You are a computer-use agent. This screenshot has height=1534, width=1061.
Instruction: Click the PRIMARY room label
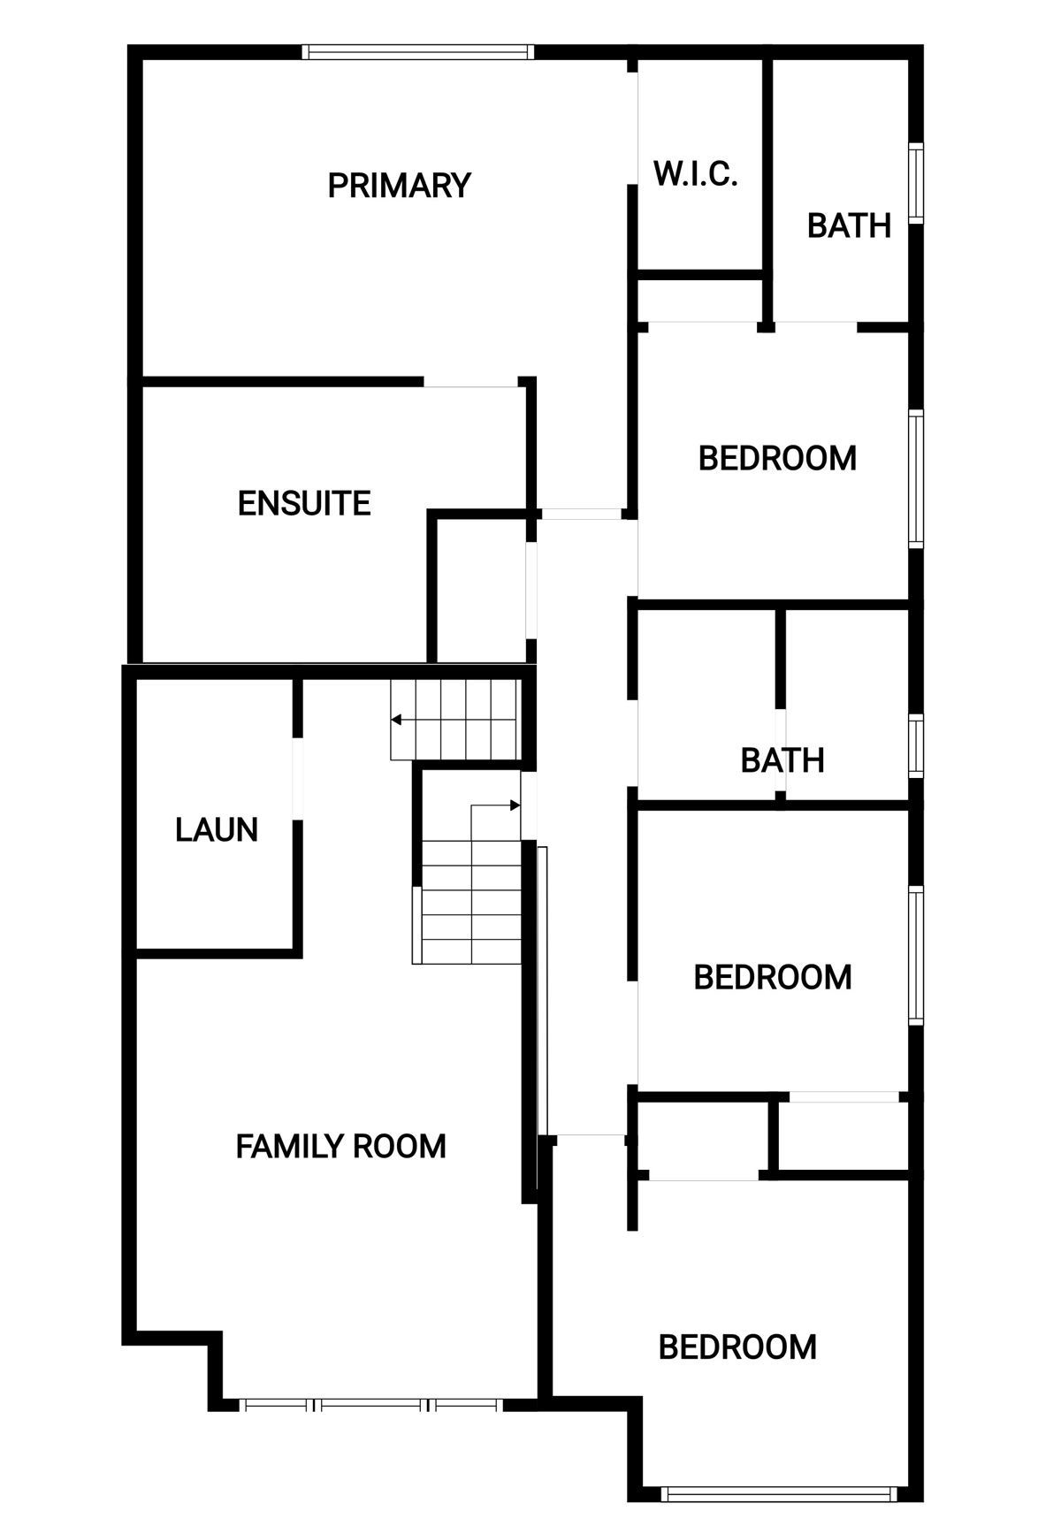[399, 186]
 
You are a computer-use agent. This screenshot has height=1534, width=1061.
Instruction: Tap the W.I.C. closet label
[696, 173]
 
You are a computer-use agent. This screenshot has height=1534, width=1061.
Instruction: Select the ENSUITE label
[304, 503]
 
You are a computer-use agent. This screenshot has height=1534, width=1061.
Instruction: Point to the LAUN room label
[217, 829]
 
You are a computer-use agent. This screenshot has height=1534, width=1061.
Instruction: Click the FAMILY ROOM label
[340, 1146]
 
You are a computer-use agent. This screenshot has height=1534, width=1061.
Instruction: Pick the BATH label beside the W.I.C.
[849, 225]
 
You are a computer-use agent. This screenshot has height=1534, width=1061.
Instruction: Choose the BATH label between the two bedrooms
[782, 759]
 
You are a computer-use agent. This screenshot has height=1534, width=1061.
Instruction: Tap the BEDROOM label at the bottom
[737, 1347]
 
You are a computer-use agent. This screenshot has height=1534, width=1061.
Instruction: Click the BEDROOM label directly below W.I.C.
[777, 458]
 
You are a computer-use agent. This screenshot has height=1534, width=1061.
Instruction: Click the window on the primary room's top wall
[417, 52]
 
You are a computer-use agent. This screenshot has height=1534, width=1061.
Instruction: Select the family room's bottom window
[371, 1404]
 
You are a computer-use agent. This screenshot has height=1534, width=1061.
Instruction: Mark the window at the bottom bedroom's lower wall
[779, 1494]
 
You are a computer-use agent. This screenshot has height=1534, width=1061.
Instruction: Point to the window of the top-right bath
[916, 183]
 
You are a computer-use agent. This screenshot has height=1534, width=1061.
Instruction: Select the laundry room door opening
[297, 778]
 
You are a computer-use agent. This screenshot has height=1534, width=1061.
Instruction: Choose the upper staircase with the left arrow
[454, 719]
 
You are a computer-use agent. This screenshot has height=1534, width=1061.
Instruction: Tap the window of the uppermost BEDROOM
[916, 478]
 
